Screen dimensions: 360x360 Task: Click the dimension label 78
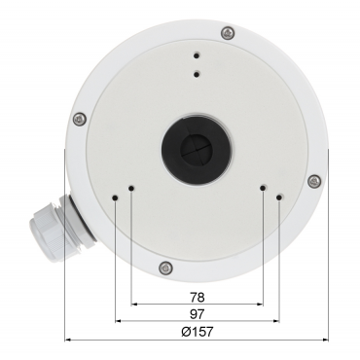(x=197, y=297)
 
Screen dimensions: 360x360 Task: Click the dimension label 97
(x=197, y=314)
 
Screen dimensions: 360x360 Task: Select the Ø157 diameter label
(x=198, y=332)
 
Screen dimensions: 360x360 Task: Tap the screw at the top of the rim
(x=228, y=33)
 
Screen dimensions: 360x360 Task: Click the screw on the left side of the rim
(x=80, y=120)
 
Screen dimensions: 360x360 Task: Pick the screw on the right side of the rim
(x=314, y=181)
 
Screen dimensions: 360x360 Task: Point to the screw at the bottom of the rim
(x=165, y=268)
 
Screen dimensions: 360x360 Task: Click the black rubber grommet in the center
(x=197, y=151)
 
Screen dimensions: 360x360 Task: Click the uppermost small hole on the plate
(x=197, y=55)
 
